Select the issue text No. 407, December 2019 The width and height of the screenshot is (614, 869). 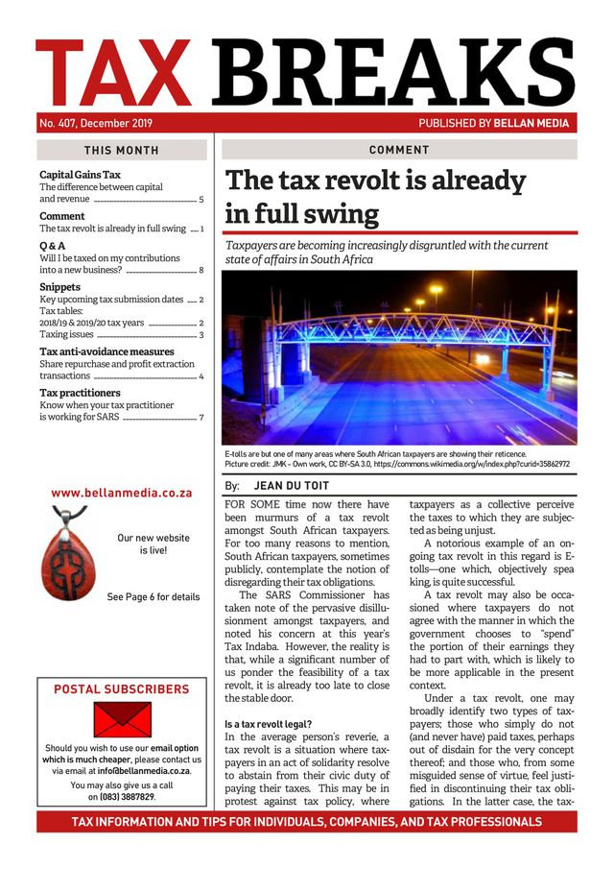pos(96,123)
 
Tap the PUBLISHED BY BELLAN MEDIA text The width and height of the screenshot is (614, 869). pos(493,123)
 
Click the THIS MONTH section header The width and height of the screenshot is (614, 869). pos(122,151)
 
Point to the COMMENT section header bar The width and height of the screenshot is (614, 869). pos(399,151)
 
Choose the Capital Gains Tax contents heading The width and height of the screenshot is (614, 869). pos(80,175)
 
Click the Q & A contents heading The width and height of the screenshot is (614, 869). pos(52,245)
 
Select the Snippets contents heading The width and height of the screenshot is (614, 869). pos(59,287)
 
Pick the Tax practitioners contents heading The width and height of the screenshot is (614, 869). pos(80,393)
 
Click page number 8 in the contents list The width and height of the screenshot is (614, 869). pos(201,271)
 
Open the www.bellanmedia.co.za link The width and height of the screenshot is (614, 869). pos(122,493)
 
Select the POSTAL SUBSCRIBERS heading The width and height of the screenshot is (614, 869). pos(122,689)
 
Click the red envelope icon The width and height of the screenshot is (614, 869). pos(122,719)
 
